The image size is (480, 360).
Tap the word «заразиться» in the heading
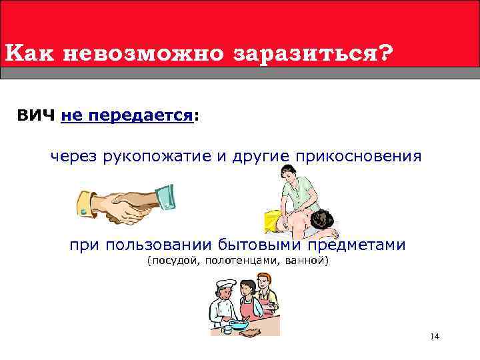pyautogui.click(x=303, y=53)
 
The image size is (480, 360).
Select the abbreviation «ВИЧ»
pyautogui.click(x=36, y=116)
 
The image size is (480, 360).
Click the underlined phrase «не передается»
pyautogui.click(x=127, y=116)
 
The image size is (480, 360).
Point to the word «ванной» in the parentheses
pyautogui.click(x=306, y=260)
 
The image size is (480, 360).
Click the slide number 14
pyautogui.click(x=434, y=337)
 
